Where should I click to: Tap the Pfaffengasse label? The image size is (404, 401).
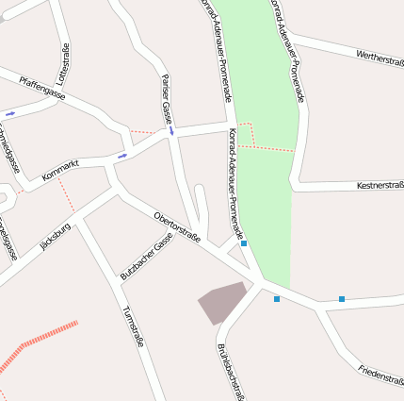(x=42, y=89)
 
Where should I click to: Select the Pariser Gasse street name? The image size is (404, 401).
(x=167, y=99)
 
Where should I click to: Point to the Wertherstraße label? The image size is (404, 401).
(x=380, y=59)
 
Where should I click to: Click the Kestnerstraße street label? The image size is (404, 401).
(x=380, y=186)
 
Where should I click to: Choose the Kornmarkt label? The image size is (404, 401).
(x=61, y=171)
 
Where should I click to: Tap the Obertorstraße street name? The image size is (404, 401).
(x=177, y=227)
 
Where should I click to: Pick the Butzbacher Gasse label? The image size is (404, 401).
(x=146, y=256)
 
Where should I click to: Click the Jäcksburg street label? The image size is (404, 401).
(x=56, y=237)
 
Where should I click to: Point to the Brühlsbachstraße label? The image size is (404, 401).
(x=232, y=371)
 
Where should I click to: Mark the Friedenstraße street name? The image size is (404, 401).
(x=380, y=375)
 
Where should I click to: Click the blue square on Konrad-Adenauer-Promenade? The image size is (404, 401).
(x=244, y=243)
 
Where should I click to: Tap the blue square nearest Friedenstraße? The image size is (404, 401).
(x=342, y=299)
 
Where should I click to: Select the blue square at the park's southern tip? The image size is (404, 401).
(x=277, y=299)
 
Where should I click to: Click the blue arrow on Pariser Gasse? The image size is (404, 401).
(x=171, y=131)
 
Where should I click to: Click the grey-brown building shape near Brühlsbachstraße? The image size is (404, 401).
(x=221, y=302)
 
